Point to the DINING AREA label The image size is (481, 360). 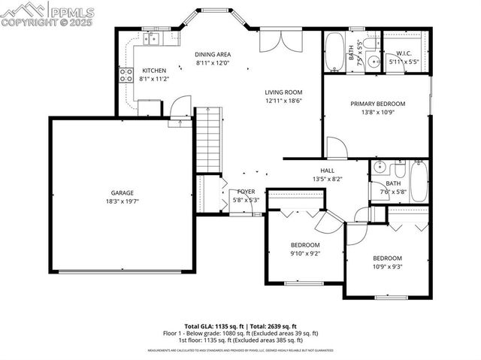tap(213, 54)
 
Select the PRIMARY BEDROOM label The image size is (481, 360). tap(377, 104)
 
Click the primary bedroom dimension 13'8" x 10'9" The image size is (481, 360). tap(377, 113)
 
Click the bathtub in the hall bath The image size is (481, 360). tap(418, 180)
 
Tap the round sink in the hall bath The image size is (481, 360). tap(380, 168)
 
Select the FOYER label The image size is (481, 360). tap(246, 192)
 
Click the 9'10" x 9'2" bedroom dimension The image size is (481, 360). tap(305, 254)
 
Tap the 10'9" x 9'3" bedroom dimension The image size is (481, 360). tap(387, 266)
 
